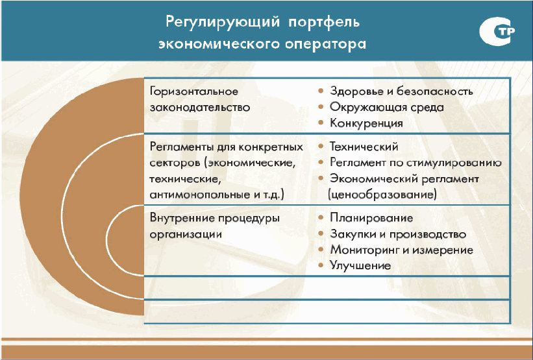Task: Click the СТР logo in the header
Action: [497, 31]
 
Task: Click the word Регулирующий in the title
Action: [223, 23]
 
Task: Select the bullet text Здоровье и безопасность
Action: [401, 91]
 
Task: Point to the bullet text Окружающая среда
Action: [387, 107]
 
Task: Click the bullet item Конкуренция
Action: [366, 123]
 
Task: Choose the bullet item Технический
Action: [364, 147]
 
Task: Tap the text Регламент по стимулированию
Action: [415, 163]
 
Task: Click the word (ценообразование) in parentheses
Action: [382, 195]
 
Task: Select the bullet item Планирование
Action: [371, 218]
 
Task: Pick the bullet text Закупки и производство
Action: [398, 234]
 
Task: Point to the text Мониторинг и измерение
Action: [401, 250]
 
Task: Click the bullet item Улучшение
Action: [360, 265]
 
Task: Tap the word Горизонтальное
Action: [194, 91]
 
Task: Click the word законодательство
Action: [200, 108]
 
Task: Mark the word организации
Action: [186, 234]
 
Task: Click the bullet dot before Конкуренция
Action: [321, 123]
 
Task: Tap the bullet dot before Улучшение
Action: [321, 265]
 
